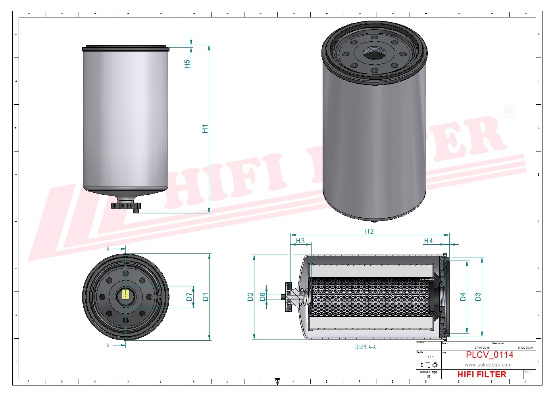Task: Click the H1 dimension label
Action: click(205, 129)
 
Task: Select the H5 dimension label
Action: click(187, 64)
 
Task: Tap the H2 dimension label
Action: click(369, 231)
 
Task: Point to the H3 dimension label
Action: click(300, 241)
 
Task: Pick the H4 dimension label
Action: click(428, 241)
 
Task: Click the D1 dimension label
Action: click(205, 297)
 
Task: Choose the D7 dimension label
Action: click(189, 297)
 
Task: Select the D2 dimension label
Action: click(250, 297)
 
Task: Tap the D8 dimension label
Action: click(262, 297)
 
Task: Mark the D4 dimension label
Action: click(463, 297)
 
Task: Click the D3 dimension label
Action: click(478, 297)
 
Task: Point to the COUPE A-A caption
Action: click(365, 347)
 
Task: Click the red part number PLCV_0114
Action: click(489, 355)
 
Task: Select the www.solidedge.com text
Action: click(488, 365)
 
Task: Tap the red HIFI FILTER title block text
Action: click(482, 374)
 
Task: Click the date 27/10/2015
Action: click(482, 347)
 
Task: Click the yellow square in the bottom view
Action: click(125, 294)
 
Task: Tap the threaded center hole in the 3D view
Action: click(374, 53)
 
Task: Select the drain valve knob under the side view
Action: click(125, 205)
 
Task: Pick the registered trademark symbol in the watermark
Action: click(508, 112)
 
